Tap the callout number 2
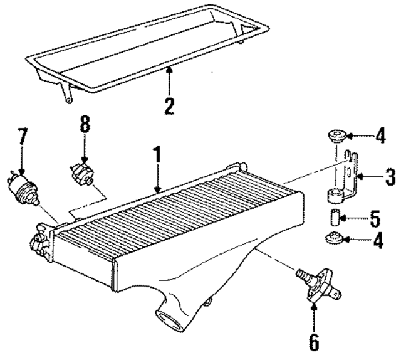coord(169,104)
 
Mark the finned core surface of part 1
coord(182,220)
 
